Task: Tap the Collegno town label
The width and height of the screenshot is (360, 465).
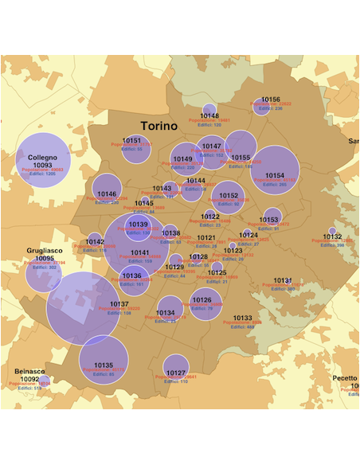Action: pyautogui.click(x=44, y=158)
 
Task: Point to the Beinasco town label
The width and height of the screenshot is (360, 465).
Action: pyautogui.click(x=29, y=371)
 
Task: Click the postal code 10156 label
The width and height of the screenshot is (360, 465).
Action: pyautogui.click(x=270, y=100)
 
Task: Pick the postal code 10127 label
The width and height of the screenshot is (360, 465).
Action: pyautogui.click(x=176, y=373)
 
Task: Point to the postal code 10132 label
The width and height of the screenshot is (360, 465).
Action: pyautogui.click(x=332, y=236)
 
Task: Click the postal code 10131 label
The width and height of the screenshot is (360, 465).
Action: pyautogui.click(x=283, y=280)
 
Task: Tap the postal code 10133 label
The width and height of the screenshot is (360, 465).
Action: pyautogui.click(x=243, y=318)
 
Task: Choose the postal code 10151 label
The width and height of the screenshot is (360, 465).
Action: pyautogui.click(x=131, y=140)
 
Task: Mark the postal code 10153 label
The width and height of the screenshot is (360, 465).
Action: pyautogui.click(x=271, y=219)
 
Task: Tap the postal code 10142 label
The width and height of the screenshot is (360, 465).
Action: pyautogui.click(x=95, y=241)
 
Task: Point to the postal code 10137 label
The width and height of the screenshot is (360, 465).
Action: pyautogui.click(x=119, y=304)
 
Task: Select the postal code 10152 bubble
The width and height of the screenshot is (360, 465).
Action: pyautogui.click(x=229, y=197)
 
